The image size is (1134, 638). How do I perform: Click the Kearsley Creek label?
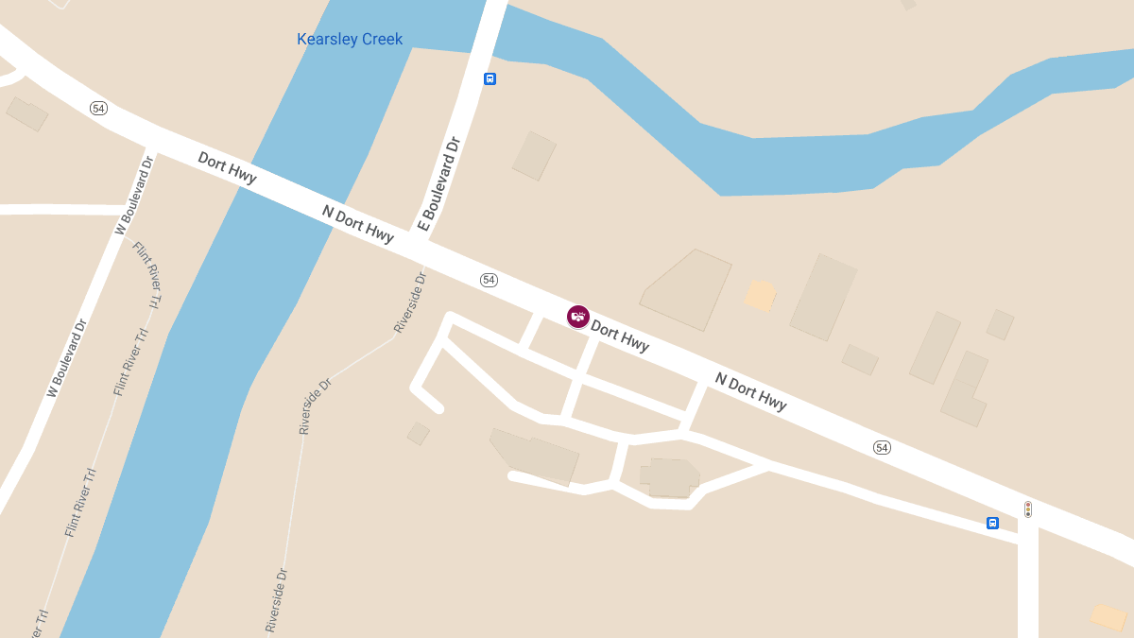350,40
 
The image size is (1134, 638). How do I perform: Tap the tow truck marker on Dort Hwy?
578,317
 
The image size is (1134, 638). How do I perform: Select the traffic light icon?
1028,509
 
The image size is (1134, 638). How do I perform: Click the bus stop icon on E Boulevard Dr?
490,78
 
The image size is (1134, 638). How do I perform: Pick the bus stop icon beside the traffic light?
992,523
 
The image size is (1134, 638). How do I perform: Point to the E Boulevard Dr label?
438,184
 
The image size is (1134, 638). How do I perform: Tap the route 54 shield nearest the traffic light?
882,447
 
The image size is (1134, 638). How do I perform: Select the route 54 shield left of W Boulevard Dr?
98,108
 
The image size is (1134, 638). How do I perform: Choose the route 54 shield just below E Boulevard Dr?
489,280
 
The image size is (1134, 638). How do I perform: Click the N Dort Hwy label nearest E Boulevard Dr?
358,224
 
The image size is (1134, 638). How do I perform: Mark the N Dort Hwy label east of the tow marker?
750,391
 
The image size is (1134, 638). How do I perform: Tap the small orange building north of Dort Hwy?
760,296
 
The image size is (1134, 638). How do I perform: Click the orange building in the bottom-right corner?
1108,617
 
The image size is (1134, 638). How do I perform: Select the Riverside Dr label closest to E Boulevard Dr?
410,302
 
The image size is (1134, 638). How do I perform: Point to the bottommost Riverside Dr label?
276,599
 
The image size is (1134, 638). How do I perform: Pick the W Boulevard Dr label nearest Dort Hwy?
133,195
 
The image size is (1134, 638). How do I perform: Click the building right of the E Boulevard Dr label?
534,156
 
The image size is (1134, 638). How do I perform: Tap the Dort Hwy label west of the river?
227,167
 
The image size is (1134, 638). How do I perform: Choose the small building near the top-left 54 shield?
27,114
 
